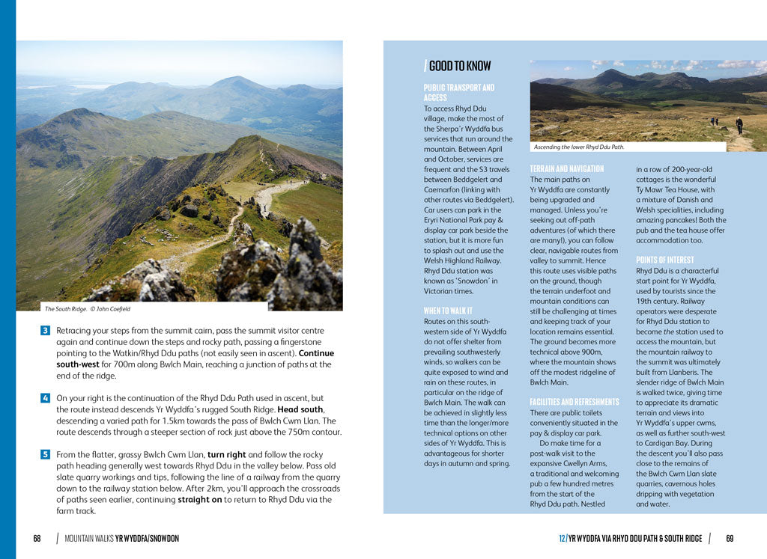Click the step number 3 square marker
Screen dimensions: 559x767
click(45, 330)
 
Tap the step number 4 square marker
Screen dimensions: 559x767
click(45, 398)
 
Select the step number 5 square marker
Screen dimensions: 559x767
click(45, 454)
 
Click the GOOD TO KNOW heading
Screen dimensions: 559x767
click(459, 66)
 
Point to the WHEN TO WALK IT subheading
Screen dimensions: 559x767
click(448, 311)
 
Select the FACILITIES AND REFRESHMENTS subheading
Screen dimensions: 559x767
click(575, 402)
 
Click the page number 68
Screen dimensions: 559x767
click(37, 538)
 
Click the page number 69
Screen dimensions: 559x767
click(730, 538)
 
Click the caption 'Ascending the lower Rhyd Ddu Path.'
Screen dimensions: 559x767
click(579, 147)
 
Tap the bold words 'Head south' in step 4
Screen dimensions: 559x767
click(300, 409)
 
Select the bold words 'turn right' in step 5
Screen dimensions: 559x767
click(229, 454)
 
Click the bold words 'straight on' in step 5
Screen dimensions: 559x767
click(201, 500)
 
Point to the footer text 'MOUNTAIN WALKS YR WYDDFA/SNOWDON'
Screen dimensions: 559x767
click(122, 538)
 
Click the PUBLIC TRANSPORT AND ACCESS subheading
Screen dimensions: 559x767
click(458, 93)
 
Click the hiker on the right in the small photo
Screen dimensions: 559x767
click(739, 125)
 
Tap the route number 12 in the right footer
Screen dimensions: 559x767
click(562, 538)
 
